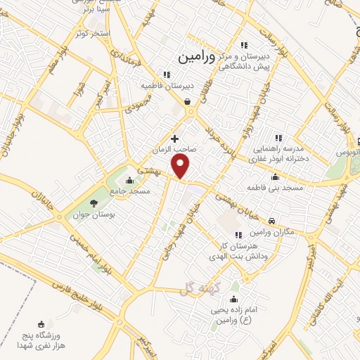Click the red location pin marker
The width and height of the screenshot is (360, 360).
[181, 167]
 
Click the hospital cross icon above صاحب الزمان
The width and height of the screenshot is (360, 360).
[174, 139]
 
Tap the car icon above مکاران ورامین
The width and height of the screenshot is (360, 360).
[271, 223]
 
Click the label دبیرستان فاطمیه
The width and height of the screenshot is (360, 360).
[166, 86]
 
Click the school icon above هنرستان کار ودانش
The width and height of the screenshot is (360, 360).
[238, 234]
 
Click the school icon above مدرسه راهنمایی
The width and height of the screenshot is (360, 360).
[278, 138]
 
